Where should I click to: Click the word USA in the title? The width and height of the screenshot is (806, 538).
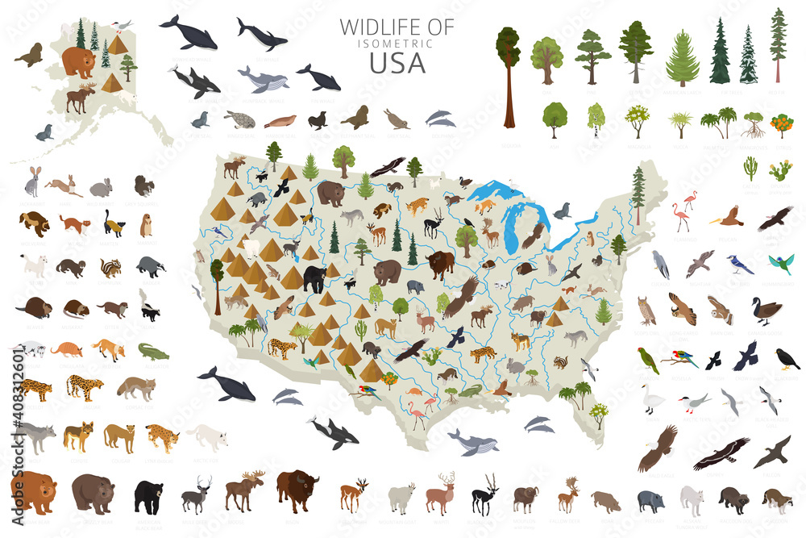tap(397, 61)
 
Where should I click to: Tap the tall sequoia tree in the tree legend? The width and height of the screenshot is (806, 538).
tap(508, 77)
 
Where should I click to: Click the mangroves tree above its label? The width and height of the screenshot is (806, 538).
tap(754, 123)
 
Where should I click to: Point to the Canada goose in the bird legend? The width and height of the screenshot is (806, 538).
tap(765, 310)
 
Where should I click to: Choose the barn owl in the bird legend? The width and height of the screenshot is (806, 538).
tap(720, 310)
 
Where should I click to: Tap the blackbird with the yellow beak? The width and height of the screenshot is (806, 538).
tap(786, 358)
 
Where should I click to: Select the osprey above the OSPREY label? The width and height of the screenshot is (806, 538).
tap(721, 453)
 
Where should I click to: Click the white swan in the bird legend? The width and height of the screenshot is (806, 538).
tap(651, 398)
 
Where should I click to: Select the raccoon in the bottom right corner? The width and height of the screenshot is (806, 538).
tap(778, 499)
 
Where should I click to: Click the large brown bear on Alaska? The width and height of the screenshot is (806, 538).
tap(78, 61)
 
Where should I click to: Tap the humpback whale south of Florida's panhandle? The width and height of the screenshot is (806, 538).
tap(473, 441)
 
